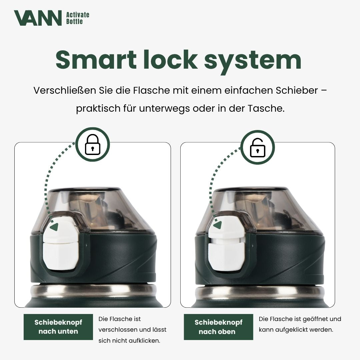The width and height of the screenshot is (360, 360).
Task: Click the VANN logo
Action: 38,18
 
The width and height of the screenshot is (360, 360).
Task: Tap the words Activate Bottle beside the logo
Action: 78,18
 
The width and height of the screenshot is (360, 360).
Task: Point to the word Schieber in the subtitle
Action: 297,90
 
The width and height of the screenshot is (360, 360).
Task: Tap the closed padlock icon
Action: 93,144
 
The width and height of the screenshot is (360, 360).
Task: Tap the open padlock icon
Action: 257,147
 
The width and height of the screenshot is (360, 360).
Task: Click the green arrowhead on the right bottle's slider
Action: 218,225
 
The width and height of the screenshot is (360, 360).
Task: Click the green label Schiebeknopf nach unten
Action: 58,327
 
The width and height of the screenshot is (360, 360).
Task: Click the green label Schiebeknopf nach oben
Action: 218,327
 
